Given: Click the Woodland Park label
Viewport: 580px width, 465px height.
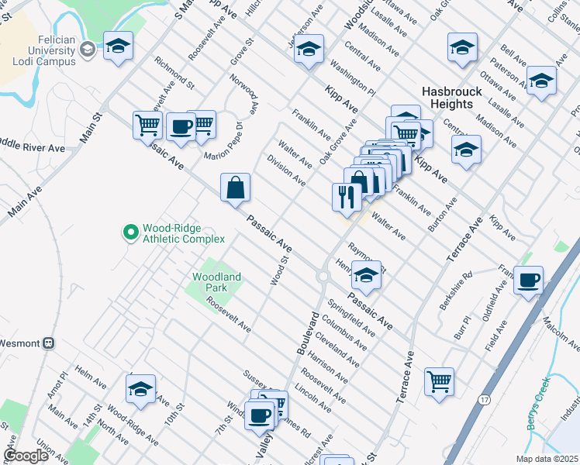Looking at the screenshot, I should (216, 282).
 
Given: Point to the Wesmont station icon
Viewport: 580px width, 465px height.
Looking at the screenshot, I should (49, 342).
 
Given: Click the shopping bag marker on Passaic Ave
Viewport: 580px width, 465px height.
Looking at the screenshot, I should (235, 188).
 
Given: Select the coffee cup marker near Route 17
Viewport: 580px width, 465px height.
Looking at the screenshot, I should (528, 280).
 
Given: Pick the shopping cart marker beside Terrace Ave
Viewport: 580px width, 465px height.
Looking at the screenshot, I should (439, 381).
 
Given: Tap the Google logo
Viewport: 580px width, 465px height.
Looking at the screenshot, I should (26, 456).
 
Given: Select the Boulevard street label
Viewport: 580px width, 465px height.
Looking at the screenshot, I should (307, 334).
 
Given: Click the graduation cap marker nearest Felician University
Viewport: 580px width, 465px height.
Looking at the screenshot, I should (119, 46).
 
